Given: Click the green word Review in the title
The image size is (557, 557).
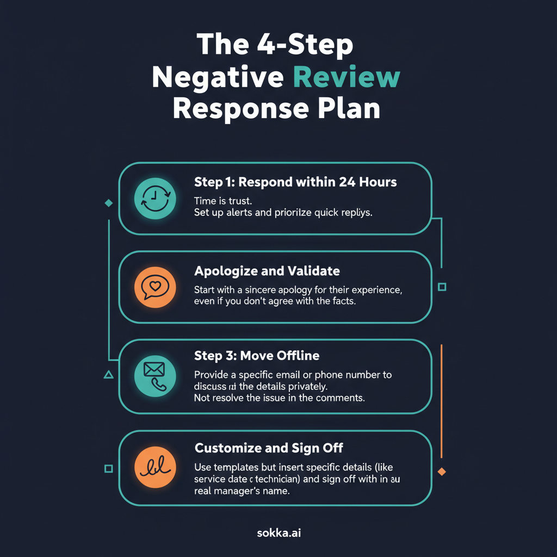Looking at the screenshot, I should coord(346,77).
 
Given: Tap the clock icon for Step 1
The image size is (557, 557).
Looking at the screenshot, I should coord(155,199).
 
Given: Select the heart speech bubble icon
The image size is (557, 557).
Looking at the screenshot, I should coord(155,287).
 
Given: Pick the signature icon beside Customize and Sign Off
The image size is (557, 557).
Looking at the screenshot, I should coord(155,468).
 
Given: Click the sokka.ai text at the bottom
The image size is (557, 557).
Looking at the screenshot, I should coord(278,534).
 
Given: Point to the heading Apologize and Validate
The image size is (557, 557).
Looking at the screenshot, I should coord(267,270).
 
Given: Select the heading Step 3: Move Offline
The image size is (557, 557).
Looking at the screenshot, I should coord(257,356).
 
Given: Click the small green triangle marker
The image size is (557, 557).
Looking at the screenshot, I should coord(108,374).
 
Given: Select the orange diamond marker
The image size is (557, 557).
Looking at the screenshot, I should coord(442,472).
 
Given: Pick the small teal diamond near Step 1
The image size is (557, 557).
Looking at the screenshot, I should coord(108,203).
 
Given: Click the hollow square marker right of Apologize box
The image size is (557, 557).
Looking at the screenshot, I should coord(442,287).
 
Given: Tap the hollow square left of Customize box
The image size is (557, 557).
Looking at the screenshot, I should coord(108,468).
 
